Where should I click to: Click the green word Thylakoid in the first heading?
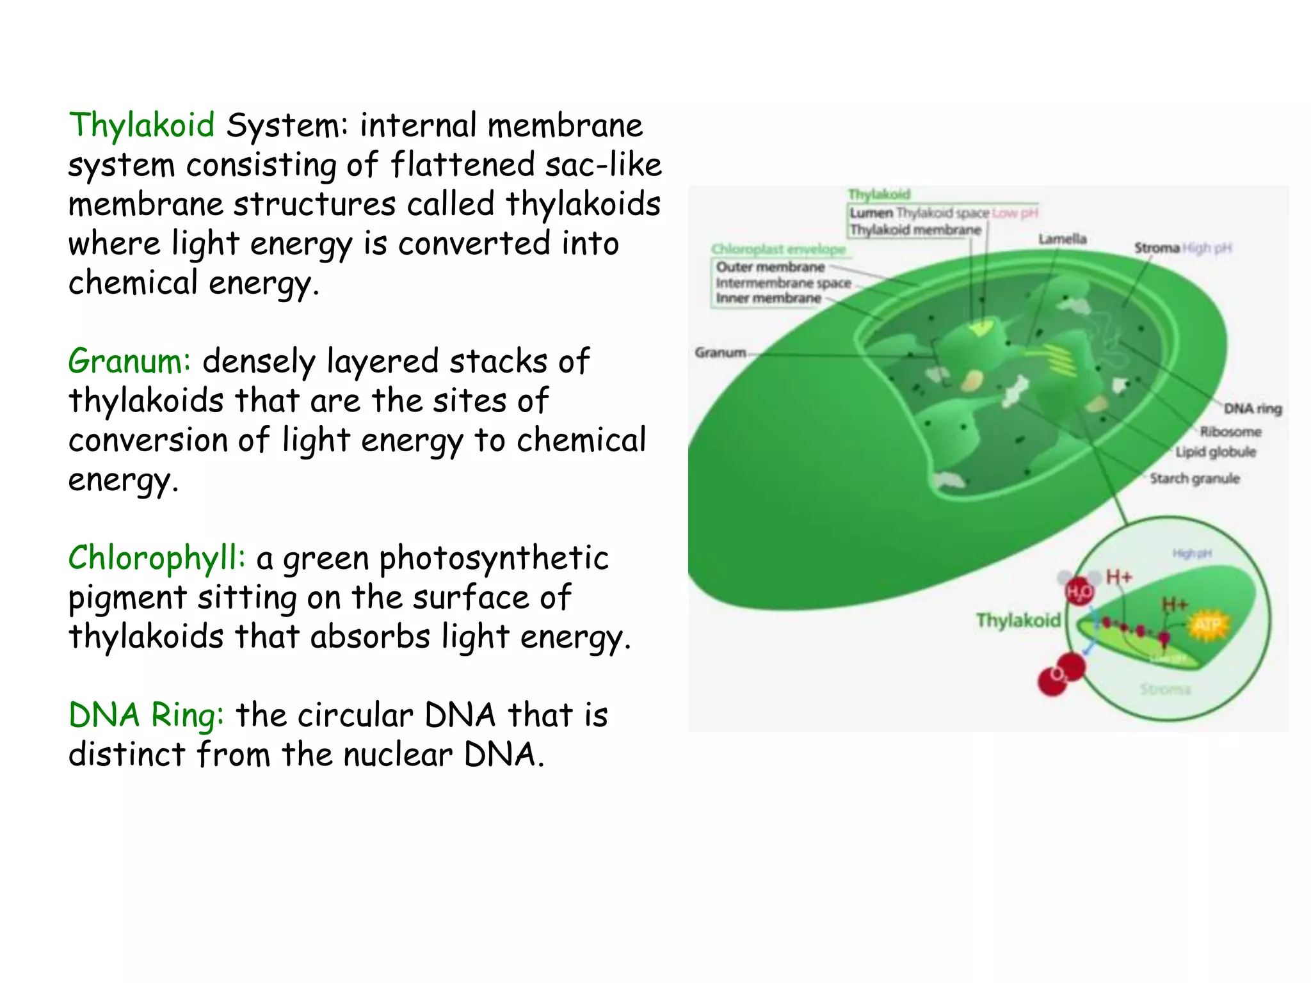141,125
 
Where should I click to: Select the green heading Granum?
129,361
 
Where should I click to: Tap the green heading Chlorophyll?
157,557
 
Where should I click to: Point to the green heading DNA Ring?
146,715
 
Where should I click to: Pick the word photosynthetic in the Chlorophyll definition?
494,558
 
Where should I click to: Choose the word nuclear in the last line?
398,755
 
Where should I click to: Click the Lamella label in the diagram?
1062,239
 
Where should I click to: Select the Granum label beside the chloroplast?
720,353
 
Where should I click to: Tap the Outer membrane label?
770,267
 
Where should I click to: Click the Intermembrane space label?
783,283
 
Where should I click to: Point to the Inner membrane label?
768,298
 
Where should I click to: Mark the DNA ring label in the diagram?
1252,408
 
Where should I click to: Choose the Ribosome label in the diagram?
1230,432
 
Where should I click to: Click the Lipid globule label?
1215,452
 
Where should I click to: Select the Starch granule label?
1194,479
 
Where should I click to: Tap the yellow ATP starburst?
1207,625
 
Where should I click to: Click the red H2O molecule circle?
1079,591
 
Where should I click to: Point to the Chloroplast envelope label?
778,249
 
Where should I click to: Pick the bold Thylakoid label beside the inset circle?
1018,620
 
